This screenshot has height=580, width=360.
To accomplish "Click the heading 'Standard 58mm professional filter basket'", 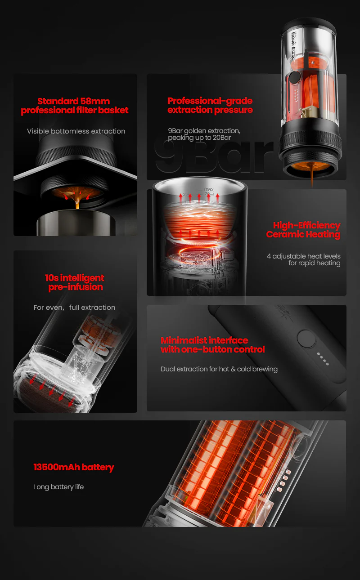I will (x=75, y=106).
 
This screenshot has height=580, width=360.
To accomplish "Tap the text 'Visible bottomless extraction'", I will (x=76, y=131).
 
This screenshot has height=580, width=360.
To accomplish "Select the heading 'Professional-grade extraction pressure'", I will (x=210, y=105).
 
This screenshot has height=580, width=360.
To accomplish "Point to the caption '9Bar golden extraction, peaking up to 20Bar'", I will (x=204, y=134).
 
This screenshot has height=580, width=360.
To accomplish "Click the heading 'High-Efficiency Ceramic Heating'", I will (x=303, y=230).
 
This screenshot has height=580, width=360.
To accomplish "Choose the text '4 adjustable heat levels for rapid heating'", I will (x=303, y=259).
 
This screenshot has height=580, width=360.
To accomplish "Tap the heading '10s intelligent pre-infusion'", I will (x=75, y=282).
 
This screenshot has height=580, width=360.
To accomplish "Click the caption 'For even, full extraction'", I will (x=75, y=308).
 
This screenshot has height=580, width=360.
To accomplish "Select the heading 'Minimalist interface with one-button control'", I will (x=212, y=345).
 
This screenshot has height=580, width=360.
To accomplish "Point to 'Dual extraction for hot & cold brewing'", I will (x=219, y=369).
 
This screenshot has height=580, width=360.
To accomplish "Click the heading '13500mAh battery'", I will (x=74, y=467).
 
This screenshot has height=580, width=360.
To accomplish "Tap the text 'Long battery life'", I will (x=59, y=487).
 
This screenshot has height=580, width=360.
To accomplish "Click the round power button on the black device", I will (x=306, y=338).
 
